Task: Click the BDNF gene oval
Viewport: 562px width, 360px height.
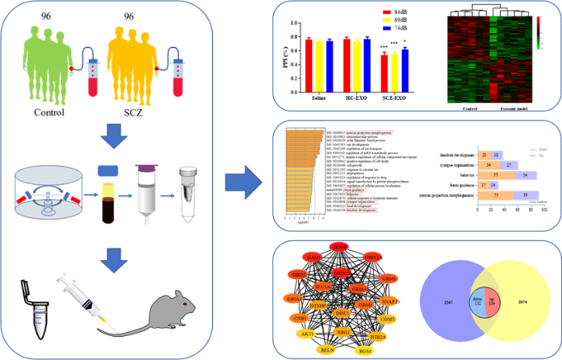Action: tap(338, 246)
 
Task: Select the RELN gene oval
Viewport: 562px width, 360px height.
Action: tap(327, 350)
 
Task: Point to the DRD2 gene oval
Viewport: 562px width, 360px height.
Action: tap(297, 274)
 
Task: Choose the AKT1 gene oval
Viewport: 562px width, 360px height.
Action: tap(307, 334)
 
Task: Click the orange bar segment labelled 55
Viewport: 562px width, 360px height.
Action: tap(495, 176)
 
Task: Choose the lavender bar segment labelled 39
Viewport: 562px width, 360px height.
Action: tap(526, 195)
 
